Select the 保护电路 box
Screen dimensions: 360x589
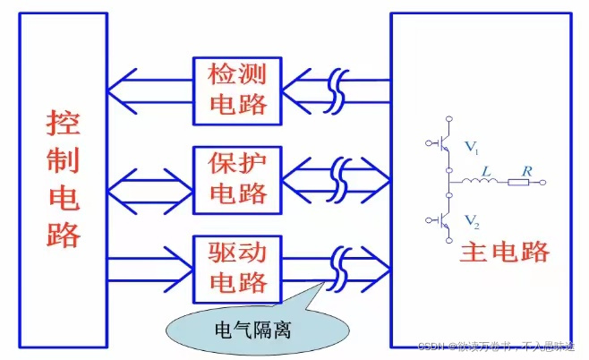(x=237, y=177)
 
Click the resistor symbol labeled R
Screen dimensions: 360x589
(x=520, y=183)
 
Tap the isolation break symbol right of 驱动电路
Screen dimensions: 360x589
(x=337, y=266)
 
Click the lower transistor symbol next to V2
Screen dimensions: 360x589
(x=442, y=220)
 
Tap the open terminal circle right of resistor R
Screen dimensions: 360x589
(x=542, y=183)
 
